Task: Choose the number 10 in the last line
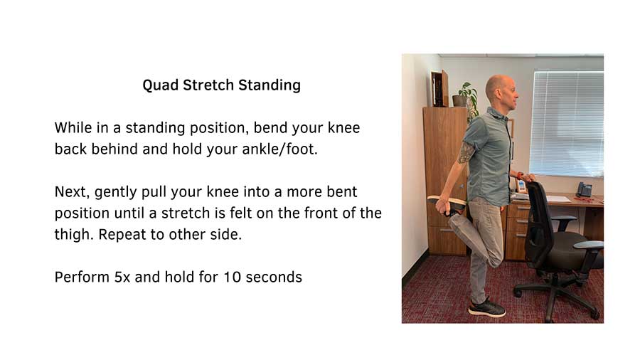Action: tap(231, 277)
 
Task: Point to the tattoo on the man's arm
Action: tap(466, 152)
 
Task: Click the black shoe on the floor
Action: tap(488, 308)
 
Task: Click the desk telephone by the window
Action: tap(583, 189)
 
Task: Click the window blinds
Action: tap(567, 121)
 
